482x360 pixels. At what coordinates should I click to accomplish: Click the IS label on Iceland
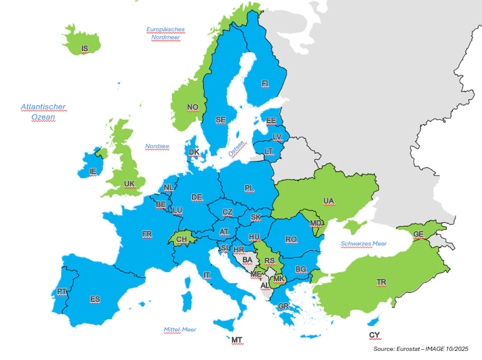[x=85, y=48]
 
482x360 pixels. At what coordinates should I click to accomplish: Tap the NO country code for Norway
[x=193, y=107]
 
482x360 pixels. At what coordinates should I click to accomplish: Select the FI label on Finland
[x=265, y=84]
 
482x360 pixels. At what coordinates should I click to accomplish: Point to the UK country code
[x=129, y=183]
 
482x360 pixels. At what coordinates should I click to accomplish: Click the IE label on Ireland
[x=93, y=172]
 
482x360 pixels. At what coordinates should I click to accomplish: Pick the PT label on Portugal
[x=61, y=292]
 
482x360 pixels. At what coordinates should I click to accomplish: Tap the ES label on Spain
[x=95, y=299]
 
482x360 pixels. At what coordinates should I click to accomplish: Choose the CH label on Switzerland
[x=182, y=240]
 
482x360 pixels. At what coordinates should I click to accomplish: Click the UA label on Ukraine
[x=329, y=201]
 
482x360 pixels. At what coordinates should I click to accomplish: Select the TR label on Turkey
[x=381, y=282]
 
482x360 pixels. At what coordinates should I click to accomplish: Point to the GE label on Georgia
[x=418, y=234]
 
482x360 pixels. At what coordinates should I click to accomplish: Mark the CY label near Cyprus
[x=374, y=335]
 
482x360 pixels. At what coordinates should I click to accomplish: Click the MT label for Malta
[x=237, y=339]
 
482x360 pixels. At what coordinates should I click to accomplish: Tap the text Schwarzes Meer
[x=363, y=244]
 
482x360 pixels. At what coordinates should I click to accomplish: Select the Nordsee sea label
[x=157, y=146]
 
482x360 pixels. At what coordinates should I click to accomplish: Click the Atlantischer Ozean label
[x=43, y=112]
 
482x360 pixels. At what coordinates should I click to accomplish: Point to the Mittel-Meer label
[x=180, y=329]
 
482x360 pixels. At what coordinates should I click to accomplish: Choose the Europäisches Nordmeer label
[x=165, y=33]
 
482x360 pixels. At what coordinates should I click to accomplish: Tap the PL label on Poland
[x=249, y=188]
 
